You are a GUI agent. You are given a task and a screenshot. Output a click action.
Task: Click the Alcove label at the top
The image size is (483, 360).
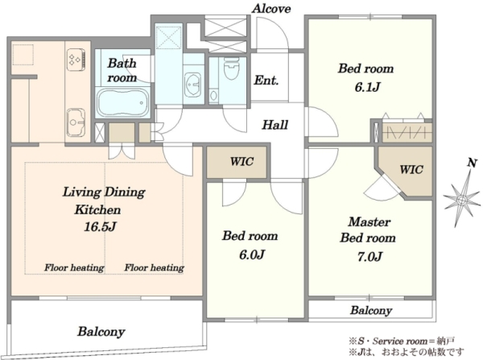click(x=271, y=9)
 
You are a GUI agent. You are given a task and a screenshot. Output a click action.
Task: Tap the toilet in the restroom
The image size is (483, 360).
click(x=232, y=68)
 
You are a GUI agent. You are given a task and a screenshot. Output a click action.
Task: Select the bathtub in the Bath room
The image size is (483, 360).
click(x=122, y=103)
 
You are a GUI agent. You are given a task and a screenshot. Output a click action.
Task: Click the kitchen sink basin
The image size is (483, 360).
click(x=76, y=122)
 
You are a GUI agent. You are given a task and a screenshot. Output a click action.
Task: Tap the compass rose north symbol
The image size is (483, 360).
click(x=461, y=200)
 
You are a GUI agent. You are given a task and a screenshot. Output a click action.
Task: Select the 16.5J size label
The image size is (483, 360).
click(x=100, y=227)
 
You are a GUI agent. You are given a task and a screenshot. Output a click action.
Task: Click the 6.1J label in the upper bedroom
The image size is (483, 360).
click(x=366, y=87)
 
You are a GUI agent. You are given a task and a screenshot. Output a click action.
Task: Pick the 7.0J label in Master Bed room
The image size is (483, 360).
click(x=369, y=256)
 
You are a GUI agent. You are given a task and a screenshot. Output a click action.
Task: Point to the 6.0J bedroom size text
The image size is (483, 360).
click(x=252, y=254)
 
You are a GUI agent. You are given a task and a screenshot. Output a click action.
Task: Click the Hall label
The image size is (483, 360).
click(x=275, y=125)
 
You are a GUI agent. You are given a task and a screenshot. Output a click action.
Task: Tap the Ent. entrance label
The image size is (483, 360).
click(x=266, y=81)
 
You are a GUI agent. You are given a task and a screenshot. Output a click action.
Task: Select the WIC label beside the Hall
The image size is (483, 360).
click(x=242, y=162)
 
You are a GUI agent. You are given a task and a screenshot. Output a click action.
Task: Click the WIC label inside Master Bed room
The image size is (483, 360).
click(x=411, y=169)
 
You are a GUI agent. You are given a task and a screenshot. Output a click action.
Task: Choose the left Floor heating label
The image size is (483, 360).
click(x=74, y=267)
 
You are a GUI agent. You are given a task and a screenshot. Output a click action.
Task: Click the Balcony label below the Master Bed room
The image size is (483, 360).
click(x=371, y=310)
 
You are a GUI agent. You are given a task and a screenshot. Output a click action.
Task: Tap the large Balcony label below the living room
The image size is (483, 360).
click(x=101, y=332)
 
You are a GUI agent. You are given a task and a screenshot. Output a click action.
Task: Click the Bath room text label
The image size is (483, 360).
click(x=122, y=71)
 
